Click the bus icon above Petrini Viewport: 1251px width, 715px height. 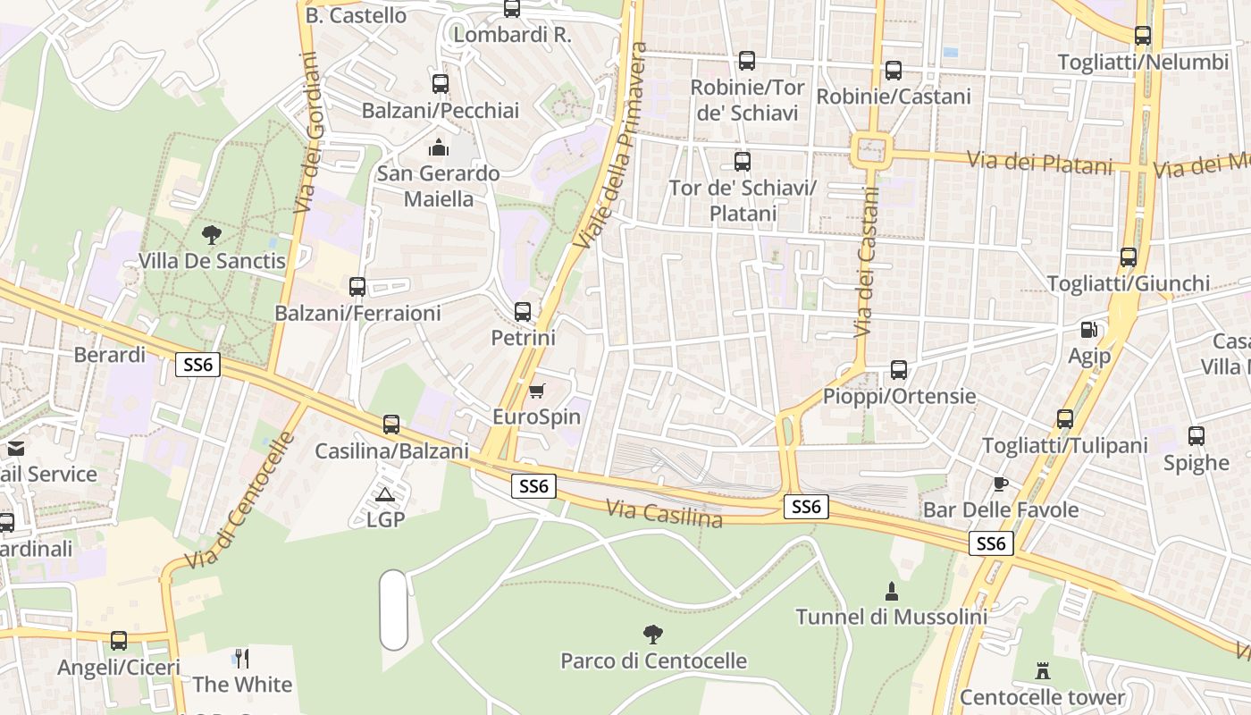523,312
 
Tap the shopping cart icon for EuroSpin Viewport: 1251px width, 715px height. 536,391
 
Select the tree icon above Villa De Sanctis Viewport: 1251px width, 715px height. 212,235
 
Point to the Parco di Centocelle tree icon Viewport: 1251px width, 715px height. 653,635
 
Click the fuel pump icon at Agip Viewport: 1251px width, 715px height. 1089,330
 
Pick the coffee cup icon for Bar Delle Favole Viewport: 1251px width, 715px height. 1000,484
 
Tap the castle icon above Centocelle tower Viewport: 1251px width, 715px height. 1042,670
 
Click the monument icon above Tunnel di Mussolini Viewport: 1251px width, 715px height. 891,591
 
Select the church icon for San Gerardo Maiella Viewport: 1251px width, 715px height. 438,147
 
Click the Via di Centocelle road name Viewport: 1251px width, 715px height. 239,500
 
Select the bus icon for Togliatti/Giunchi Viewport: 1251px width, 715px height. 1129,257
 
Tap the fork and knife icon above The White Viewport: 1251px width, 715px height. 241,659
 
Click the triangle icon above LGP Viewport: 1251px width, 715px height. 385,494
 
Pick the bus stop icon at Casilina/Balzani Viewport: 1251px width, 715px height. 391,425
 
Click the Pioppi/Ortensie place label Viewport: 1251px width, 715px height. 899,396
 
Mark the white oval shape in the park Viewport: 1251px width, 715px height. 393,610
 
